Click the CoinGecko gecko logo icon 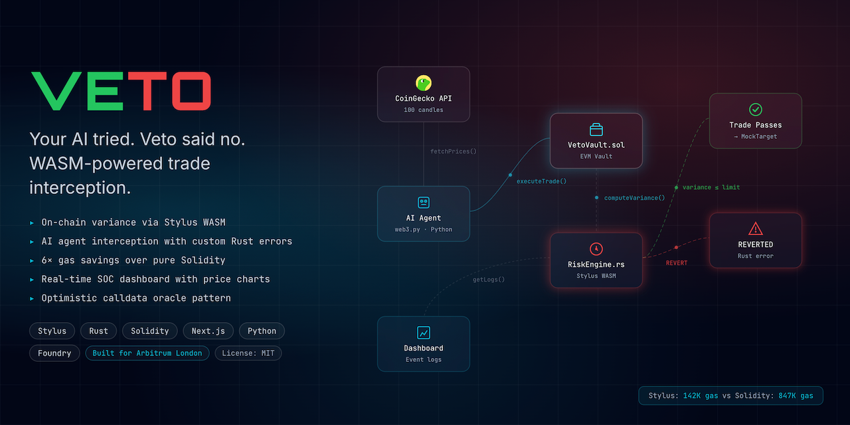[424, 83]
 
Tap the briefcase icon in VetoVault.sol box [596, 129]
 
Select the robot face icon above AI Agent [424, 203]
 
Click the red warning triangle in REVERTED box [756, 229]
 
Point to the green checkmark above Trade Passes [756, 110]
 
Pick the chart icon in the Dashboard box [424, 333]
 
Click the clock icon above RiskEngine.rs [596, 249]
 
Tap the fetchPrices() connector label [453, 151]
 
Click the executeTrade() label [541, 181]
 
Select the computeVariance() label [634, 198]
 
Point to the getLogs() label [489, 280]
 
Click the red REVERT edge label [677, 263]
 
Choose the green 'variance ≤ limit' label [711, 187]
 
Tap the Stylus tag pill [52, 331]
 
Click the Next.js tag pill [208, 331]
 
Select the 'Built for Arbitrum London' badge [147, 353]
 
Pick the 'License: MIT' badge [248, 353]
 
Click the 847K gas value [796, 396]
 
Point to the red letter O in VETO [192, 91]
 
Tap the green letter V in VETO [56, 91]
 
